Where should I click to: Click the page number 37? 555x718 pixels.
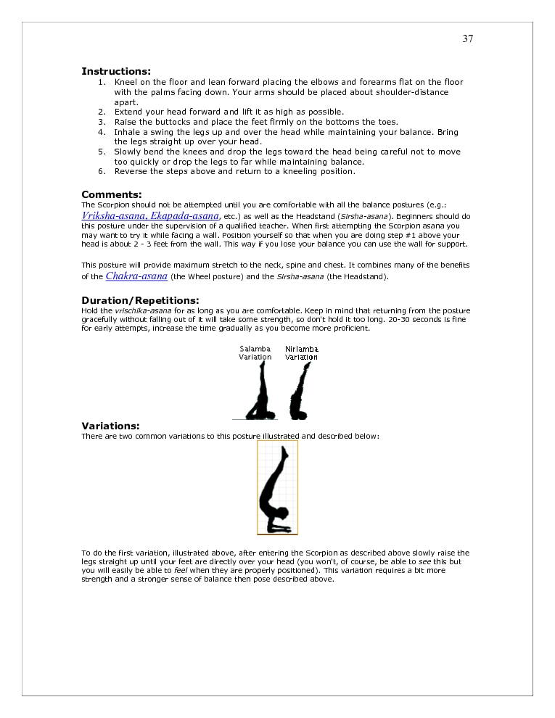coord(467,39)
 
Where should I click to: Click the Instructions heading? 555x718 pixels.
coord(116,71)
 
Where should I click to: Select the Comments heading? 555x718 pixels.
coord(111,194)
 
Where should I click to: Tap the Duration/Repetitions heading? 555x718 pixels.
coord(140,300)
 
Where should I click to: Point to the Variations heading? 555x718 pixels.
coord(110,426)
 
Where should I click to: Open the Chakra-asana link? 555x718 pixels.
coord(136,276)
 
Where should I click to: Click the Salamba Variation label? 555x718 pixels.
coord(255,352)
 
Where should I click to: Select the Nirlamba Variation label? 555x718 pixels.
coord(301,352)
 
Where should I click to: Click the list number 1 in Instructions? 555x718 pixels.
coord(102,83)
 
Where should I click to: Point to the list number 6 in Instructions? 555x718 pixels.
coord(102,172)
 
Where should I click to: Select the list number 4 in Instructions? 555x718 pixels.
coord(102,133)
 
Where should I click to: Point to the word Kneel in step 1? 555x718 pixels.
coord(126,83)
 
